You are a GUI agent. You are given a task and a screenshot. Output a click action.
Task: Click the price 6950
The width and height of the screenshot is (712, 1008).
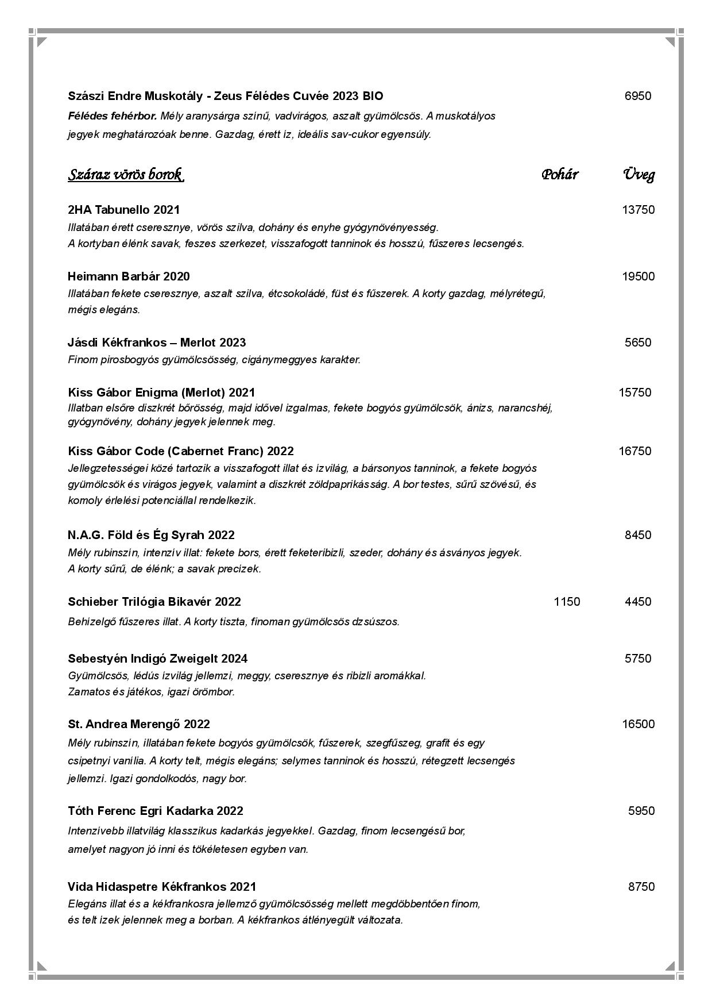tap(637, 96)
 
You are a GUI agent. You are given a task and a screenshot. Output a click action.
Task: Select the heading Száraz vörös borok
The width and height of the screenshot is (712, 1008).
tap(126, 174)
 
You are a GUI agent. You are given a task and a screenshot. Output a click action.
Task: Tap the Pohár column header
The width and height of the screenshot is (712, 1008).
tap(559, 174)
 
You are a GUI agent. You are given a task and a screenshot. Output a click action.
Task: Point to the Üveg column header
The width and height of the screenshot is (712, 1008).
tap(639, 174)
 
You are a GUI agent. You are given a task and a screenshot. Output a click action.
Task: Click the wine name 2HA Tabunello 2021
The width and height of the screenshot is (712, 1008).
tap(123, 210)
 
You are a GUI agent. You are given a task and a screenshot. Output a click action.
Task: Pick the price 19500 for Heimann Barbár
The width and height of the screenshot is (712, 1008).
tap(638, 276)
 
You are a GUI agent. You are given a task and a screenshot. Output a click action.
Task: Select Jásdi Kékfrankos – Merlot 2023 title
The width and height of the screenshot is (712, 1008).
tap(156, 343)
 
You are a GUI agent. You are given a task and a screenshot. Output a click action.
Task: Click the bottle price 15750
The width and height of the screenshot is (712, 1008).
tap(634, 393)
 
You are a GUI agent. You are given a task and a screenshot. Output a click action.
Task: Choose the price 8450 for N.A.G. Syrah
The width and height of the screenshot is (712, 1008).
tap(637, 535)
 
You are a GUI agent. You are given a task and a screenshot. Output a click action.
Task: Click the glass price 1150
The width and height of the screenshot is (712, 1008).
tap(567, 602)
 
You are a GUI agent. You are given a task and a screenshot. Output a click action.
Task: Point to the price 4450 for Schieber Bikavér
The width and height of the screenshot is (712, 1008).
tap(637, 602)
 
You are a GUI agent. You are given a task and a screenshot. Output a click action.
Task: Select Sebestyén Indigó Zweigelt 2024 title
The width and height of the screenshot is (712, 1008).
tap(157, 659)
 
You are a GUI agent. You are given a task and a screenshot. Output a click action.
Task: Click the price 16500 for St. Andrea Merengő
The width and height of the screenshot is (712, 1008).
tap(638, 724)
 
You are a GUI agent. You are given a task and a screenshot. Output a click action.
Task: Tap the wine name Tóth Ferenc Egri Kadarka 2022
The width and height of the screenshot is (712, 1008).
tap(155, 811)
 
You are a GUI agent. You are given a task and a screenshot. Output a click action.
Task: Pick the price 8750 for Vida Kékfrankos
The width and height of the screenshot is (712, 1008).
tap(641, 887)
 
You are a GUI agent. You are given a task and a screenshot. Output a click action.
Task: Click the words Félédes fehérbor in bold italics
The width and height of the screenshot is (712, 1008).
tap(112, 116)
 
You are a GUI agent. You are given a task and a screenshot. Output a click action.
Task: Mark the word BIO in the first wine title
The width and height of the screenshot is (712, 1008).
tap(373, 96)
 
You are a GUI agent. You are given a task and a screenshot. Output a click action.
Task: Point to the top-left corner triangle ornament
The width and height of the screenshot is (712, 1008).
tap(41, 41)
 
